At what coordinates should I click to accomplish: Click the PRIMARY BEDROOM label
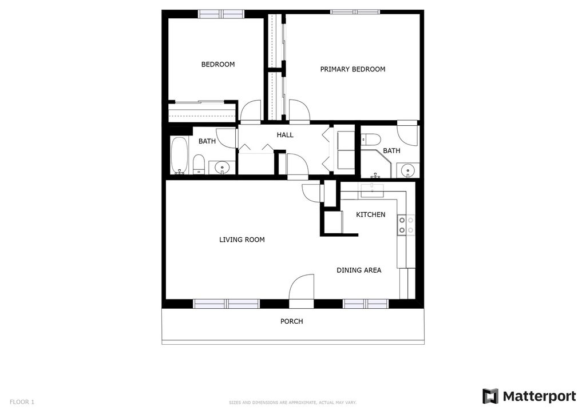(x=353, y=69)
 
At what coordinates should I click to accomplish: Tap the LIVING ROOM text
(x=242, y=240)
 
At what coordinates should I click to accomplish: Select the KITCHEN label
(x=371, y=214)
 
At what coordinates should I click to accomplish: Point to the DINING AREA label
(x=359, y=270)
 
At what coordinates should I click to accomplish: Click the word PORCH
(x=291, y=321)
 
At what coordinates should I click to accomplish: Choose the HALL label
(x=285, y=135)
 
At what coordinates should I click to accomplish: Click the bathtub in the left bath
(x=179, y=156)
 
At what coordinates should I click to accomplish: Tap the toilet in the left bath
(x=199, y=164)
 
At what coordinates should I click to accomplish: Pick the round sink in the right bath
(x=408, y=170)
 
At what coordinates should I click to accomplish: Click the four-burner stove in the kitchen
(x=406, y=225)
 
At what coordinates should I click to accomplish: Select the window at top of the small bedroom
(x=221, y=13)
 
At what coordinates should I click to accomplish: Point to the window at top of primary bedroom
(x=355, y=11)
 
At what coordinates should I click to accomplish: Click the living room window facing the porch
(x=227, y=304)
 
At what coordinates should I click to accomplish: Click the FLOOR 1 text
(x=22, y=402)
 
